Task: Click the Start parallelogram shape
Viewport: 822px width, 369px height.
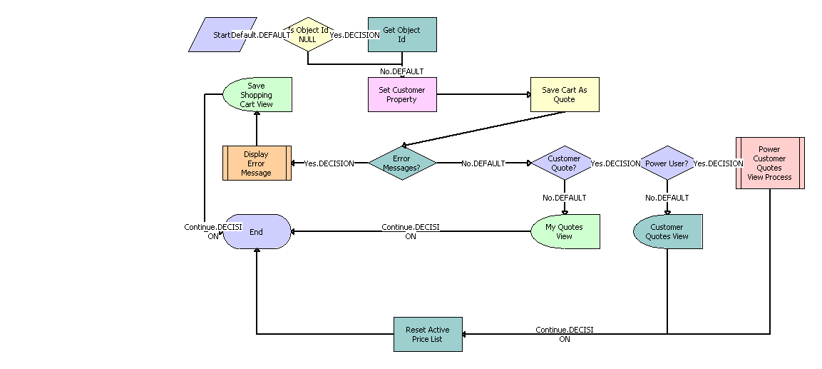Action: click(x=222, y=35)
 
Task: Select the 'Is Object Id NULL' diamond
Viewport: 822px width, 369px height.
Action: click(x=308, y=35)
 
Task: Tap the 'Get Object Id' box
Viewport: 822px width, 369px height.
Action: click(x=402, y=35)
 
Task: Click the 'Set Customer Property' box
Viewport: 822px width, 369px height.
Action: click(x=402, y=95)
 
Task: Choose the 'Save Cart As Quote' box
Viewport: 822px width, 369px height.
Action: click(x=564, y=95)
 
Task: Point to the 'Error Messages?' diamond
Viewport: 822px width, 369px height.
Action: click(x=402, y=163)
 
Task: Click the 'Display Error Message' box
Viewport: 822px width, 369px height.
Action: click(x=257, y=163)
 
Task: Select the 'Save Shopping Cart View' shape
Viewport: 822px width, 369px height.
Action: click(x=257, y=95)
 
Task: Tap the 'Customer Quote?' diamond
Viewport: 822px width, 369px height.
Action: click(x=564, y=163)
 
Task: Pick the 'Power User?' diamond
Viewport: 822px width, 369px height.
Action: click(x=667, y=163)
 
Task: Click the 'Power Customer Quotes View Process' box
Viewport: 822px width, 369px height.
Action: click(x=770, y=163)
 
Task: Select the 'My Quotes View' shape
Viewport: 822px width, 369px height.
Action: click(x=565, y=231)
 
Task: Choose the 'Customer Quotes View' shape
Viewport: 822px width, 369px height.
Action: click(x=667, y=231)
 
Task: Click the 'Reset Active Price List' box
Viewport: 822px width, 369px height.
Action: click(x=428, y=334)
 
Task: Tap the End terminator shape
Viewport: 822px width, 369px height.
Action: click(x=257, y=231)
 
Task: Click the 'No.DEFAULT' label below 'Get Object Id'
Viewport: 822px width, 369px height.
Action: click(x=402, y=71)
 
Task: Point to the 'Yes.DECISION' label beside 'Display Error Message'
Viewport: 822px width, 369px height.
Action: click(x=329, y=163)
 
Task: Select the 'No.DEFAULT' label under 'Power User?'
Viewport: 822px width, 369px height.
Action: click(x=667, y=198)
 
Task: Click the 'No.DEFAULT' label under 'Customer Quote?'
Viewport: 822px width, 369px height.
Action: click(x=565, y=198)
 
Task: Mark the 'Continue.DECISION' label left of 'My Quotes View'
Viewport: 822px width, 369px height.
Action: click(x=411, y=231)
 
